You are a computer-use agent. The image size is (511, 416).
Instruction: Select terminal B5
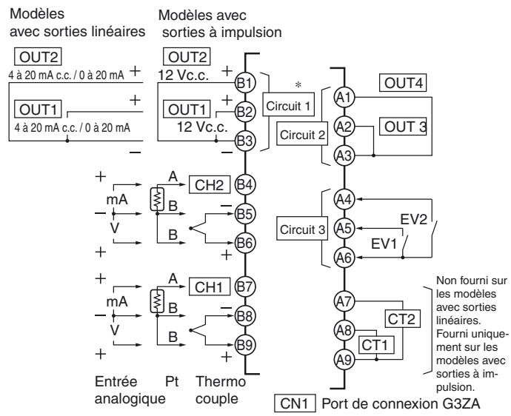click(x=245, y=214)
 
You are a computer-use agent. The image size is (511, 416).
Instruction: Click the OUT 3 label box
click(x=404, y=126)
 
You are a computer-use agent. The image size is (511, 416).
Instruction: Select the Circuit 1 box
click(x=289, y=106)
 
